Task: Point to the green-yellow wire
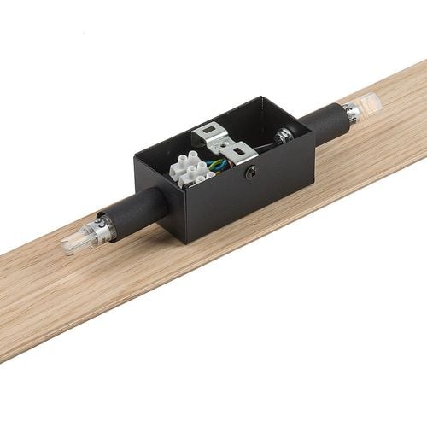point(219,163)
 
